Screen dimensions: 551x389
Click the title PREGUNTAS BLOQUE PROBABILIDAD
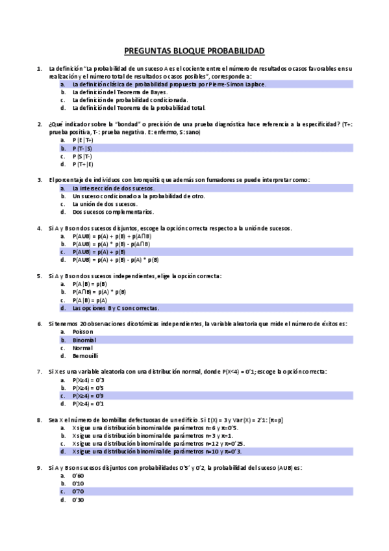(x=194, y=51)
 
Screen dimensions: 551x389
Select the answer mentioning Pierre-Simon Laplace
(x=169, y=84)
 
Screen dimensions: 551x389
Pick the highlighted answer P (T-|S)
(x=82, y=148)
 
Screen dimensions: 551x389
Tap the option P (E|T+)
(x=83, y=140)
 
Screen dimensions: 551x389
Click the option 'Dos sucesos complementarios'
(x=113, y=212)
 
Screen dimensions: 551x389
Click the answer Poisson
(x=84, y=331)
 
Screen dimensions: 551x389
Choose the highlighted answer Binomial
(x=84, y=340)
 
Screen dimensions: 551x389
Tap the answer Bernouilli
(x=86, y=355)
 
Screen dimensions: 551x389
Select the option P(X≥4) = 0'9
(x=88, y=395)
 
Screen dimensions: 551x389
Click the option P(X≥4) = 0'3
(x=88, y=379)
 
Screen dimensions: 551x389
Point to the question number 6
(x=40, y=323)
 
